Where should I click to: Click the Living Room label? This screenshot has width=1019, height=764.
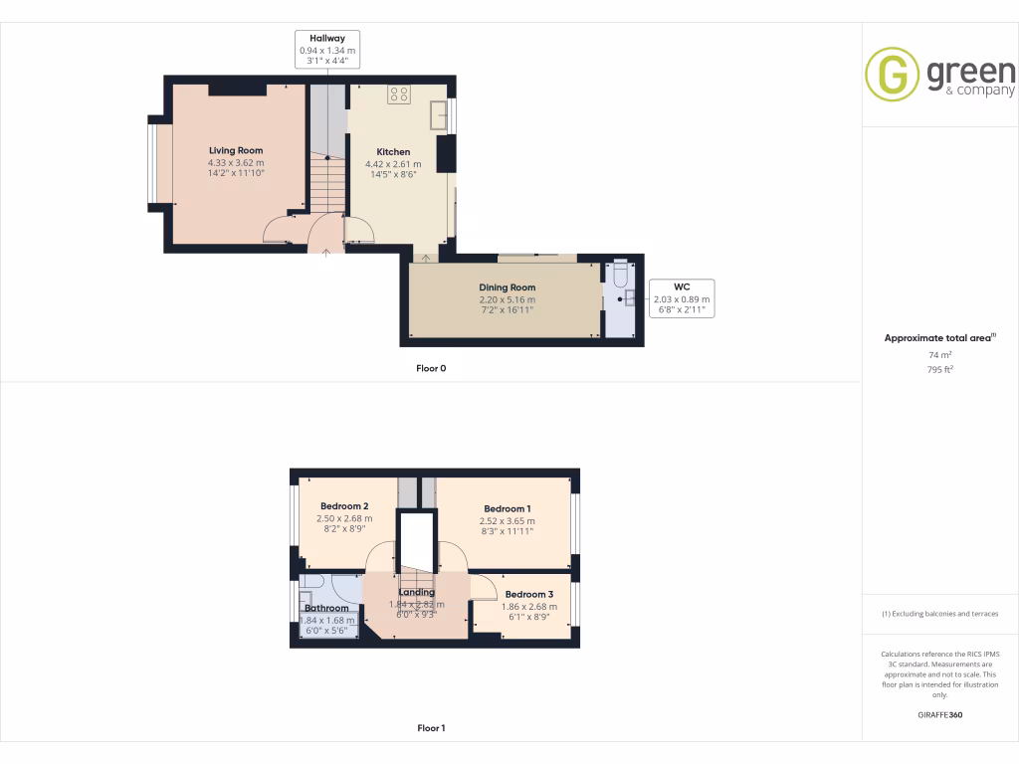click(236, 151)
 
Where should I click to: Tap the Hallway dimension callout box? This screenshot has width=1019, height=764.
click(327, 50)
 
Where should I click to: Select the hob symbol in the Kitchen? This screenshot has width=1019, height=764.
click(399, 95)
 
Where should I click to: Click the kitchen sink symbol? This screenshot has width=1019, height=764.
click(438, 115)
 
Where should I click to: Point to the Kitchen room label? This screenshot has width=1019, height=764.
click(393, 152)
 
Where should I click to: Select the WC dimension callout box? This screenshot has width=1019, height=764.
click(682, 297)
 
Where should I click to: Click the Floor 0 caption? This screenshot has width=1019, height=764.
click(431, 368)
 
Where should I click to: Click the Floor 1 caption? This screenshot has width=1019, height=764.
click(431, 728)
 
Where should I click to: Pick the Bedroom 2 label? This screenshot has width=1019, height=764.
click(344, 506)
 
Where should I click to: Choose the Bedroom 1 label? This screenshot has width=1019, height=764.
click(508, 508)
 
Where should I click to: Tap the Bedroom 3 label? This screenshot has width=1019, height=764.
click(529, 594)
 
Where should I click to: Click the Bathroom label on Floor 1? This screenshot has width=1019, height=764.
click(326, 608)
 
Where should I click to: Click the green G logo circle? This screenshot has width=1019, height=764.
click(892, 74)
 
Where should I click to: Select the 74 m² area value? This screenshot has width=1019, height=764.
click(939, 354)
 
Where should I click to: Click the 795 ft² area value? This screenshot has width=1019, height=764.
click(939, 369)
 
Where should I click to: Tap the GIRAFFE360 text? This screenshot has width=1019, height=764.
click(939, 715)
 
